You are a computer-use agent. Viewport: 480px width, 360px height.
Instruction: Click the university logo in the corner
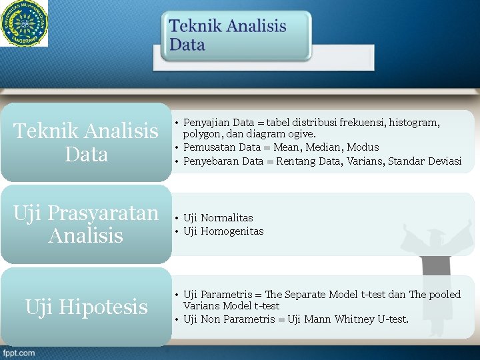point(24,23)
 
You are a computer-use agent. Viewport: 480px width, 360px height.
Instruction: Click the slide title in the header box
point(227,36)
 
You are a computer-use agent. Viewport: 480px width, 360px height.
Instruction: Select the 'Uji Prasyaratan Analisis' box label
point(86,224)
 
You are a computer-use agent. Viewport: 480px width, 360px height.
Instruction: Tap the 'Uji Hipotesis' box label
point(86,307)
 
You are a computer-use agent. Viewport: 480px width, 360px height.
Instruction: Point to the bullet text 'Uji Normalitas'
point(218,218)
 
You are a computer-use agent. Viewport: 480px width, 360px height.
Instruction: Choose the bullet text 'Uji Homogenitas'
point(223,231)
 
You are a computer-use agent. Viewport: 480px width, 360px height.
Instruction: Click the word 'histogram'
point(413,123)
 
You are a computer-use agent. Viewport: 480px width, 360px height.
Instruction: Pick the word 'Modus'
point(363,147)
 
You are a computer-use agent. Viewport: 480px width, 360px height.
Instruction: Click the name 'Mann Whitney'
point(340,319)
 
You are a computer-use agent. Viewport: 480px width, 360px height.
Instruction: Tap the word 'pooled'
point(445,295)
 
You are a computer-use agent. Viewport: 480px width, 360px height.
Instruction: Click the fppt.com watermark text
point(19,353)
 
